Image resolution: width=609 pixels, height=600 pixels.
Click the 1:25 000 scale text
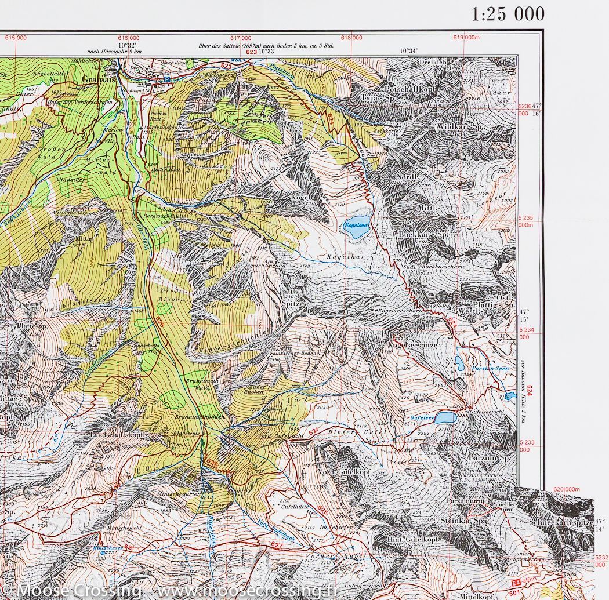(x=508, y=14)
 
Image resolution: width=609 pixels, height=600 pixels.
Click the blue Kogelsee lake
(x=355, y=230)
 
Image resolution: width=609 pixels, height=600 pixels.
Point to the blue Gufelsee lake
(x=446, y=417)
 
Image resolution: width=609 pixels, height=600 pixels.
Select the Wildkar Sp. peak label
(x=461, y=127)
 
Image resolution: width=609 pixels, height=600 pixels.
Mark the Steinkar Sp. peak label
(x=462, y=521)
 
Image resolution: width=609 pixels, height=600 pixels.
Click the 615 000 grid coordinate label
(x=16, y=38)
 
